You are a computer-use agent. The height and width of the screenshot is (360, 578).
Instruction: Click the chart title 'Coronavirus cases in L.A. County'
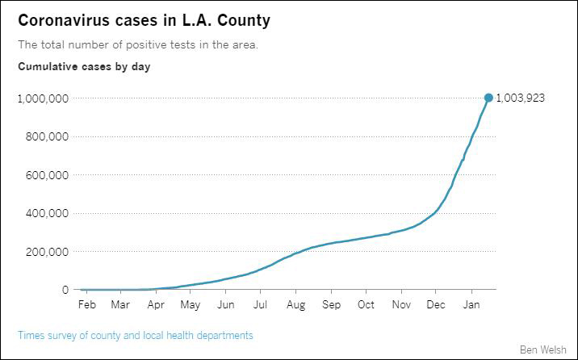144,20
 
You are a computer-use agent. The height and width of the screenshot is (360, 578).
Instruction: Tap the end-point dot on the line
488,98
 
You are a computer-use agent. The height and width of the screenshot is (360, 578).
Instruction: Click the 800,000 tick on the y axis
46,136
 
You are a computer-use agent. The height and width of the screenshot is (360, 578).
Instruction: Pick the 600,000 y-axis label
46,175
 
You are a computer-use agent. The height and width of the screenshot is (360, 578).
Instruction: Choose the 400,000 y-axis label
46,213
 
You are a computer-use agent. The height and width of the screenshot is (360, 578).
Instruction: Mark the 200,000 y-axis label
46,252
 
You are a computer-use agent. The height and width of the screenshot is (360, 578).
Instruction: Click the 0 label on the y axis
65,290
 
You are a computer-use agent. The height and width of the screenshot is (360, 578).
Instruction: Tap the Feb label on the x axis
86,305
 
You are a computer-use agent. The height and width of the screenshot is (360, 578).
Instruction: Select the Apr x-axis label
157,305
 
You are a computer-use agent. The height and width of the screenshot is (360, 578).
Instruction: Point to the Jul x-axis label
261,305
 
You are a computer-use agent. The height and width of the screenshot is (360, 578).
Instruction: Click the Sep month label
331,305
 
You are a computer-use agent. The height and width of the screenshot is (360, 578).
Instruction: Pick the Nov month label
401,305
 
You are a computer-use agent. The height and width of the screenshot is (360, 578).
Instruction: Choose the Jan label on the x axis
471,305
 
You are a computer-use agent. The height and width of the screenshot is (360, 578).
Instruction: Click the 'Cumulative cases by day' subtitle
84,67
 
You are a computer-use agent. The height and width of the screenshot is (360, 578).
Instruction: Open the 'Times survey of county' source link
136,335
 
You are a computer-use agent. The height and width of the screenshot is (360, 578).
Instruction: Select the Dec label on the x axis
436,305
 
